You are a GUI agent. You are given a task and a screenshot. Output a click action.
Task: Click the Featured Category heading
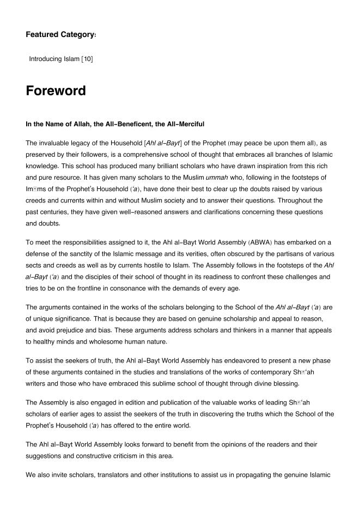tap(60, 34)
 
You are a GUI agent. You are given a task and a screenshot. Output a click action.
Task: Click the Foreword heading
tap(56, 91)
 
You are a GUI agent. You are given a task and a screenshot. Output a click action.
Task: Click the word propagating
tap(254, 475)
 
